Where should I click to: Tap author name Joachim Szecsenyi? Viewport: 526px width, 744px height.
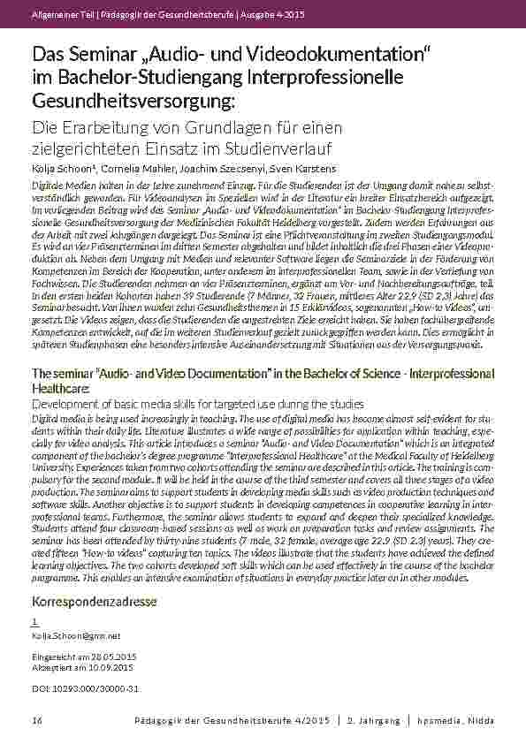coord(218,168)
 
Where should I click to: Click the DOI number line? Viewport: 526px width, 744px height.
coord(85,688)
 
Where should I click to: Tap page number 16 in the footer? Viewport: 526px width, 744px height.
coord(37,721)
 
